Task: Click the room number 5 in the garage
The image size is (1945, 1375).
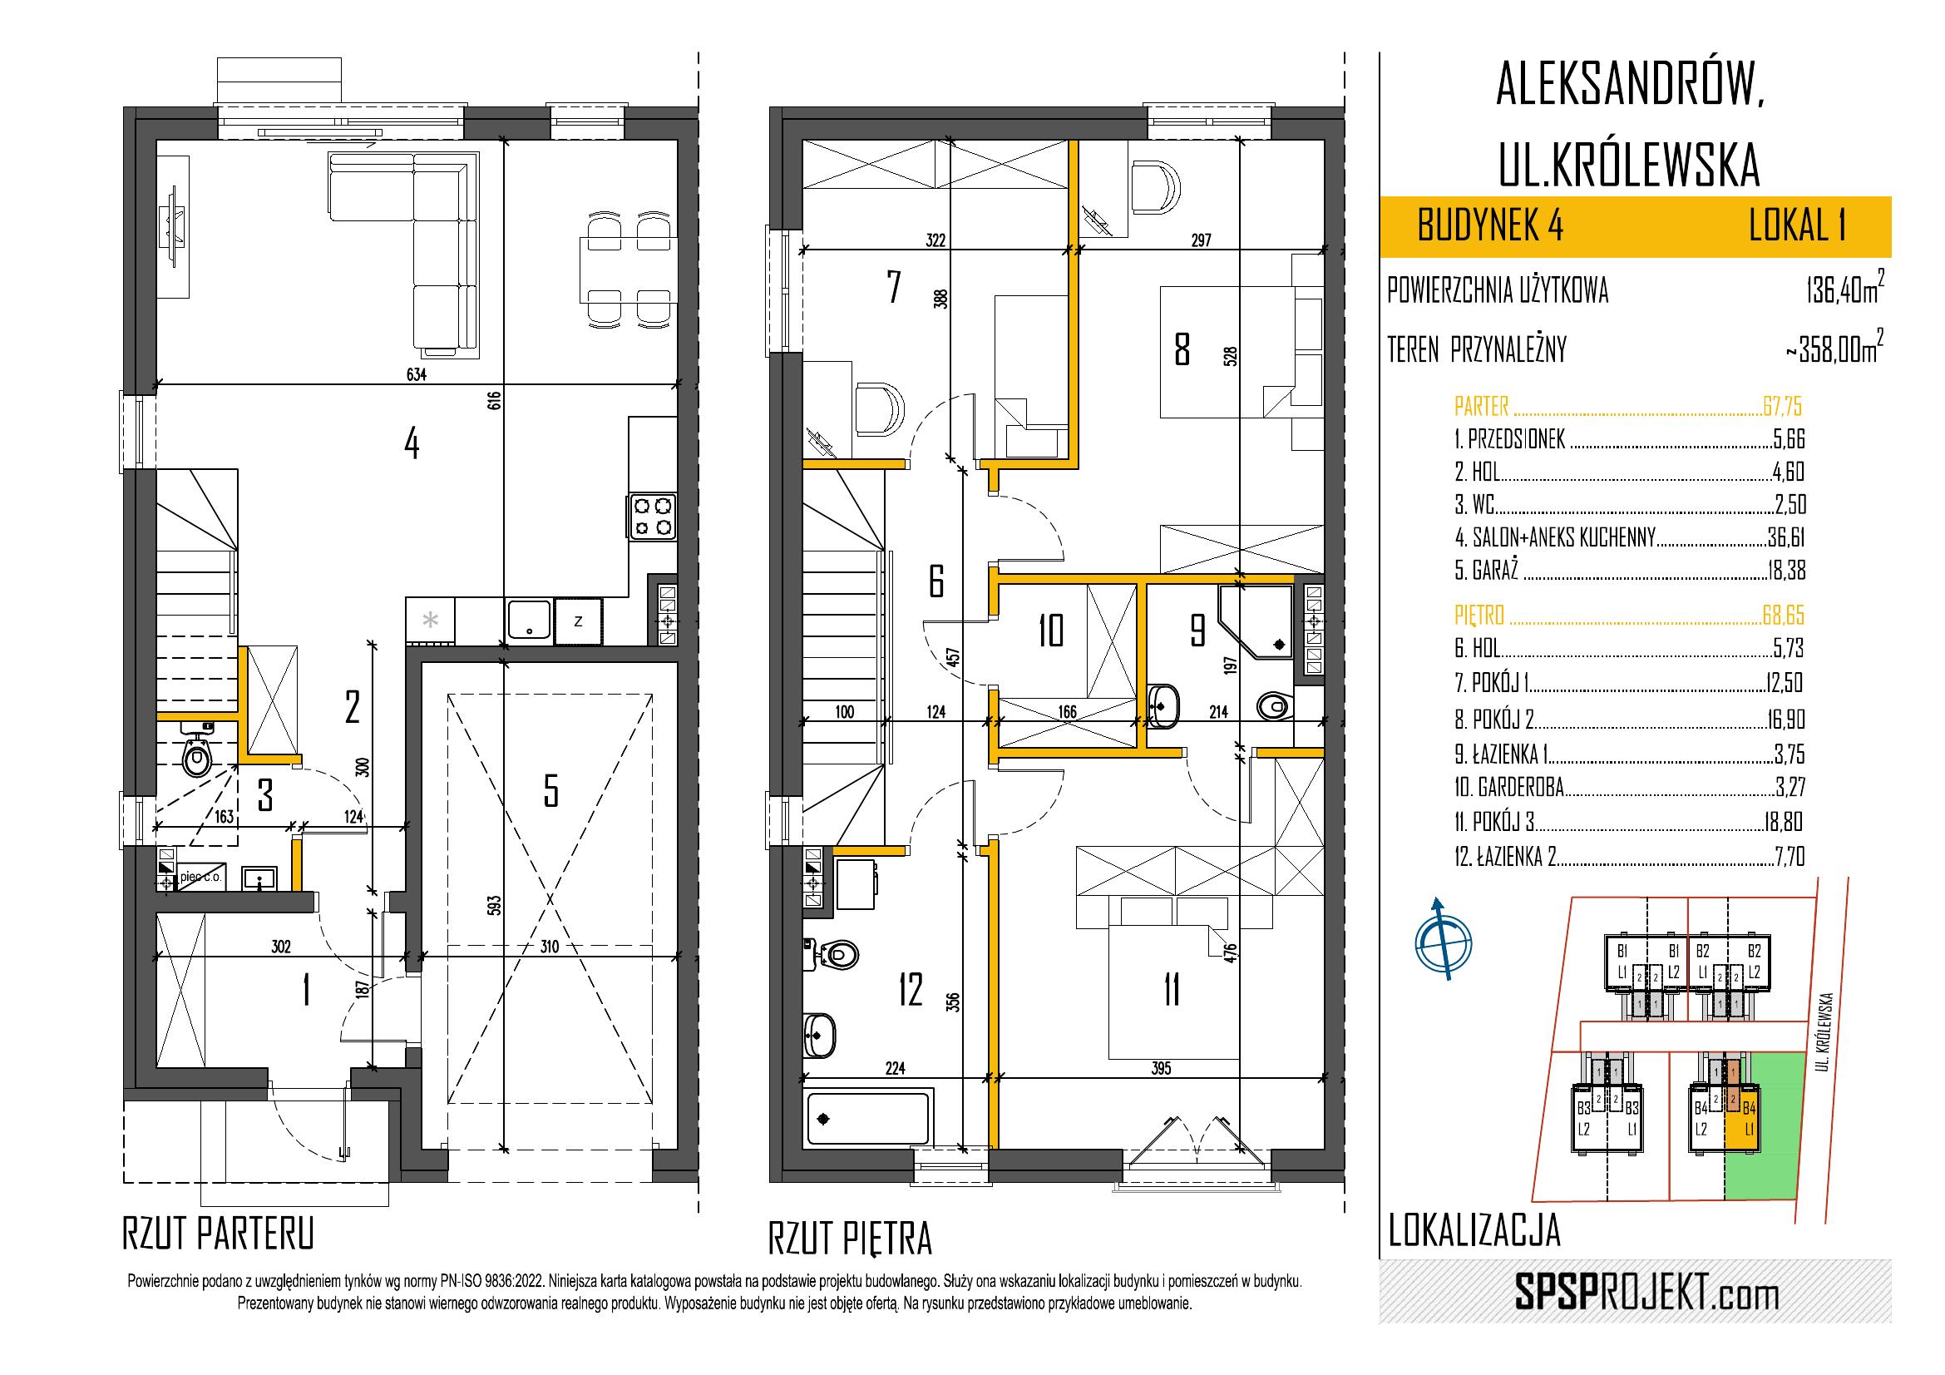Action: tap(550, 791)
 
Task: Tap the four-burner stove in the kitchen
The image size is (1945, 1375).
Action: tap(652, 517)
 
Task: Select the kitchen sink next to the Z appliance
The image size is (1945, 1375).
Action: tap(530, 622)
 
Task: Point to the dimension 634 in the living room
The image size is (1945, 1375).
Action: tap(416, 374)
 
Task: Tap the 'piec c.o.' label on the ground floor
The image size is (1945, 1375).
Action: tap(200, 878)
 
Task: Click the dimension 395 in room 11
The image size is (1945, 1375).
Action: tap(1161, 1068)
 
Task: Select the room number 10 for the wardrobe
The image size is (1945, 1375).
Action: tap(1050, 631)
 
